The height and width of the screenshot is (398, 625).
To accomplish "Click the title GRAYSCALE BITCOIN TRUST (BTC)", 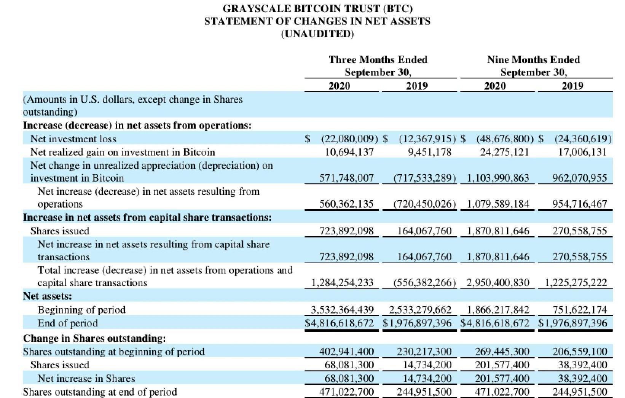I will click(317, 8).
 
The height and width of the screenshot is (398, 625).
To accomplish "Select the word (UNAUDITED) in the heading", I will click(317, 34).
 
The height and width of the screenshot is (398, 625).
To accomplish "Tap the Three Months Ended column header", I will click(378, 60).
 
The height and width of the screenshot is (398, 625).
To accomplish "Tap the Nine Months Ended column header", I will click(533, 60).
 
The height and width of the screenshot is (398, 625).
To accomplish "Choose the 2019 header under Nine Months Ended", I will click(572, 86).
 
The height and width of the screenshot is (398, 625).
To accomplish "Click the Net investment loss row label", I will click(73, 139).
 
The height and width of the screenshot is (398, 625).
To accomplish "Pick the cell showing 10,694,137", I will click(349, 152).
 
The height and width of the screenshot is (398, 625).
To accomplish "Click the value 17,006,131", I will click(582, 152).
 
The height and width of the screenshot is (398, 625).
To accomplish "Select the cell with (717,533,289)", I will click(424, 178).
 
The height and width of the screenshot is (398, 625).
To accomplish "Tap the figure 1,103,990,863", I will click(497, 178).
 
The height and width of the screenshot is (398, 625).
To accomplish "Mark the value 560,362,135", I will click(346, 204).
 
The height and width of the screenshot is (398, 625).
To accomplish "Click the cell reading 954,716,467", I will click(579, 204).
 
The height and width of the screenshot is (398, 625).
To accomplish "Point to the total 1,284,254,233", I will click(342, 283).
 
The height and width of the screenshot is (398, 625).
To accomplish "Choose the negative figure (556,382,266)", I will click(424, 283).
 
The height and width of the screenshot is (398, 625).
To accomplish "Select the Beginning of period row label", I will click(81, 310).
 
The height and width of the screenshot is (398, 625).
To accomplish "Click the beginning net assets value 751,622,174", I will click(579, 310).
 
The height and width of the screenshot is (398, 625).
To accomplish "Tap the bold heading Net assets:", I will click(48, 296).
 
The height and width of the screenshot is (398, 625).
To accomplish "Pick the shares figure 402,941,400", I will click(346, 352).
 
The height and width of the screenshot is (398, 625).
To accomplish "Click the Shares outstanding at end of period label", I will click(100, 392).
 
